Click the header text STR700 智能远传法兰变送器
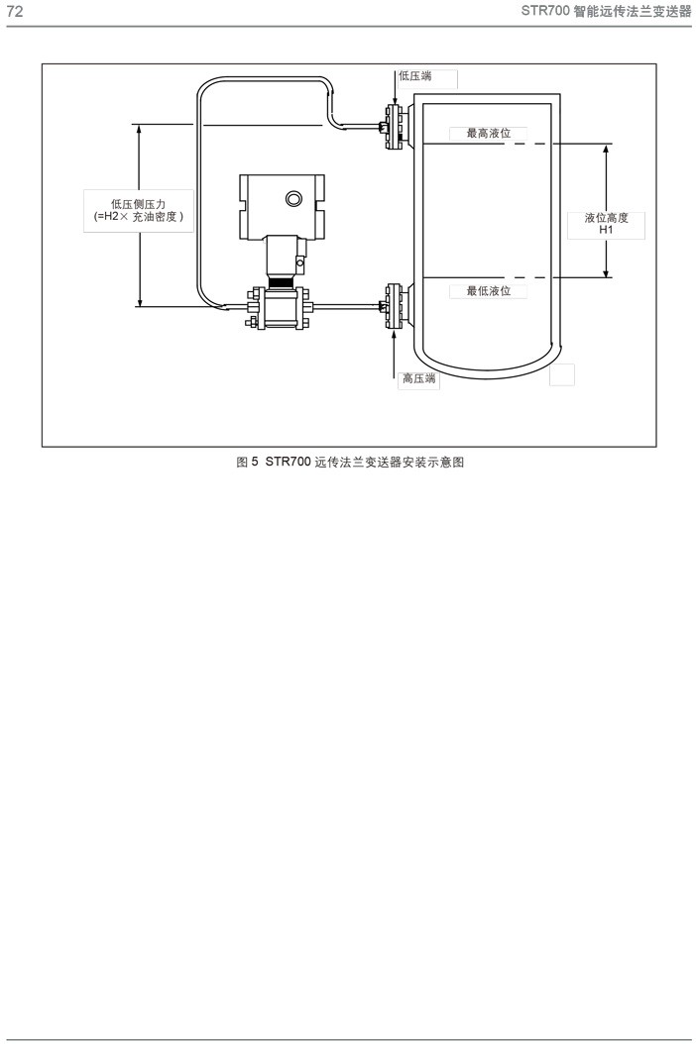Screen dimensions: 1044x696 tap(606, 11)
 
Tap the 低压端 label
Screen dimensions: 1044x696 tap(414, 75)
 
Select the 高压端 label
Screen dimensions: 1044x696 tap(418, 378)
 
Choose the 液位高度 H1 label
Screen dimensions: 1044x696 tap(607, 224)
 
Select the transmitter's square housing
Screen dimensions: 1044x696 tap(282, 204)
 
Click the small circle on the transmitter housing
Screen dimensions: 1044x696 tap(294, 199)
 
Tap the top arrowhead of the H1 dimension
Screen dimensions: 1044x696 tap(606, 149)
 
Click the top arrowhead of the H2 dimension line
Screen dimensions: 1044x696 tap(139, 130)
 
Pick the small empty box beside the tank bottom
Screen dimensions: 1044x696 tap(561, 374)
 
